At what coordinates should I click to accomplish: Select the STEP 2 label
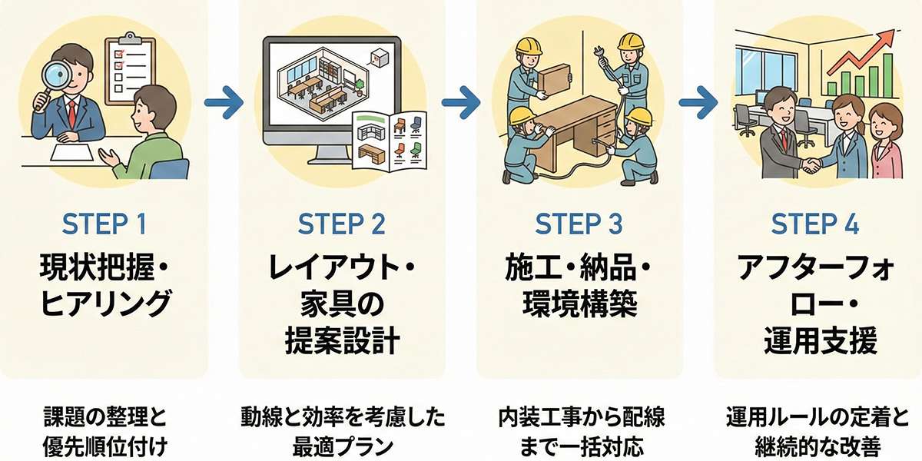342,225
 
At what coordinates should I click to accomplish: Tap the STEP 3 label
580,225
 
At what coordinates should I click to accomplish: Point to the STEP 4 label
816,225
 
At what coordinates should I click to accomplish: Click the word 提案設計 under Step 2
342,340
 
